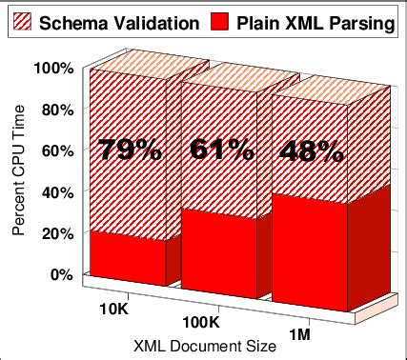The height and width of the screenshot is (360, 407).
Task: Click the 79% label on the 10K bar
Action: tap(129, 150)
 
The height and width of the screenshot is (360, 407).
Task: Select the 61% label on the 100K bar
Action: tap(222, 150)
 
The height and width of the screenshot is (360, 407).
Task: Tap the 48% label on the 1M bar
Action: tap(311, 150)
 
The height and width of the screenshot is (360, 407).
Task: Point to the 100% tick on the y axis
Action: tap(53, 68)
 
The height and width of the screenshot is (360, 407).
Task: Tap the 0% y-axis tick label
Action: tap(61, 274)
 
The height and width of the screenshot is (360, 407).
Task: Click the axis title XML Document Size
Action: tap(206, 348)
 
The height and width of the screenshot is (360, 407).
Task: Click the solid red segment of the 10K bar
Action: tap(127, 257)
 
